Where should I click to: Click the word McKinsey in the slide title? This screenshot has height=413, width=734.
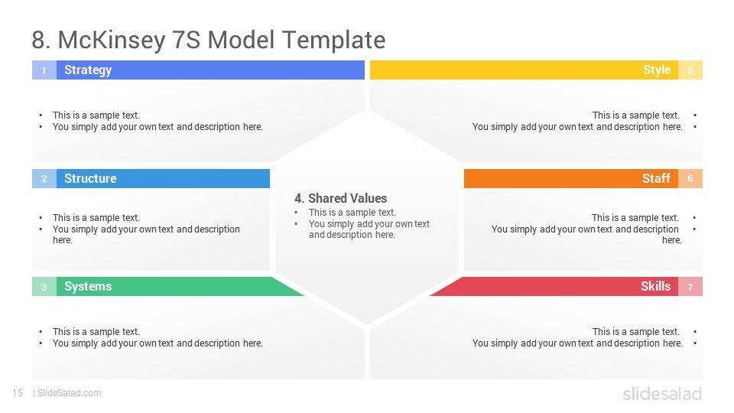[112, 41]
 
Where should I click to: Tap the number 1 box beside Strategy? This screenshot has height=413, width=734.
[44, 70]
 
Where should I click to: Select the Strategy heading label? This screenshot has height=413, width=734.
[88, 70]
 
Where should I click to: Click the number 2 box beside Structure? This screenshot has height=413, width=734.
[44, 178]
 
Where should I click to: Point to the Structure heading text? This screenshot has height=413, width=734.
[90, 178]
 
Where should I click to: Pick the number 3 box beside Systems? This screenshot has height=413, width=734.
[44, 287]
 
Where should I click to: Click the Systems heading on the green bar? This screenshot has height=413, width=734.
[88, 287]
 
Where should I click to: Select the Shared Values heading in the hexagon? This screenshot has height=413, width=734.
[341, 198]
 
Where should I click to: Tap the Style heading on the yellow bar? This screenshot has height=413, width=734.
[657, 70]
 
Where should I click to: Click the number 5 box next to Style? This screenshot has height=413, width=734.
[690, 70]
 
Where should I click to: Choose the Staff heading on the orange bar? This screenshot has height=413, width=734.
[656, 178]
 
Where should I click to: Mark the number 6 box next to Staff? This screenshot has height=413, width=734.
[690, 178]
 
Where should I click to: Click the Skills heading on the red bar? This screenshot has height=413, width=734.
[655, 286]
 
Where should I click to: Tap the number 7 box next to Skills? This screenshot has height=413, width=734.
[690, 287]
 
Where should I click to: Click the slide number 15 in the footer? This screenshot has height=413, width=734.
[18, 393]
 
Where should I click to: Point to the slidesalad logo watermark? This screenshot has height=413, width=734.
[662, 394]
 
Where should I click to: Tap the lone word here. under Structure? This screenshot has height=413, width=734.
[62, 240]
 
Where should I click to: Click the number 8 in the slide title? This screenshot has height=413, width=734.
[41, 41]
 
